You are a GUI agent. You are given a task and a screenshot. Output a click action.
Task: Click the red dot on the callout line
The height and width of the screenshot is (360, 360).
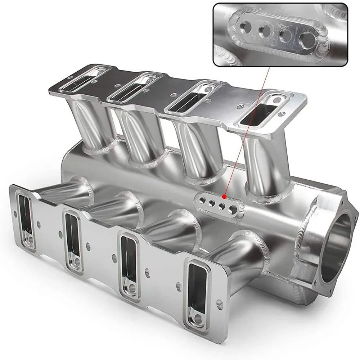224,197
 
